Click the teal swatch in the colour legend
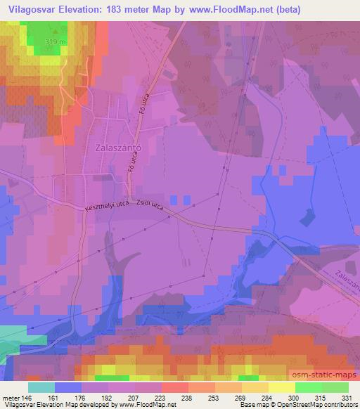click(40, 387)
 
